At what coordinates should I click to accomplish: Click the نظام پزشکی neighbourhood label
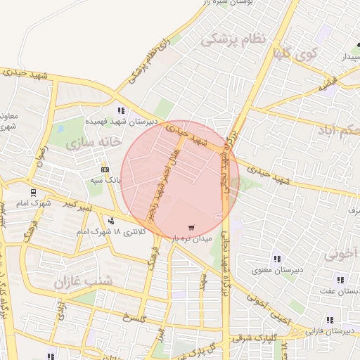coord(234,40)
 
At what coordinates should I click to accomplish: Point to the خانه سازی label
coord(89,143)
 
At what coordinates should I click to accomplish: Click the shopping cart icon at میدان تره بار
coord(191,228)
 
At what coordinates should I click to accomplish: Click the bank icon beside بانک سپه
coord(105,169)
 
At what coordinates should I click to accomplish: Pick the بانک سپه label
coord(109,181)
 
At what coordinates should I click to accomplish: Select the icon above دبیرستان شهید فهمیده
coord(121,110)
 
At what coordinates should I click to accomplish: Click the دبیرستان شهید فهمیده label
coord(121,121)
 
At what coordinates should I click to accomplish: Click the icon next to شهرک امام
coord(32,192)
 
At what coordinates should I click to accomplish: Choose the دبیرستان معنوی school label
coord(278,270)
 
